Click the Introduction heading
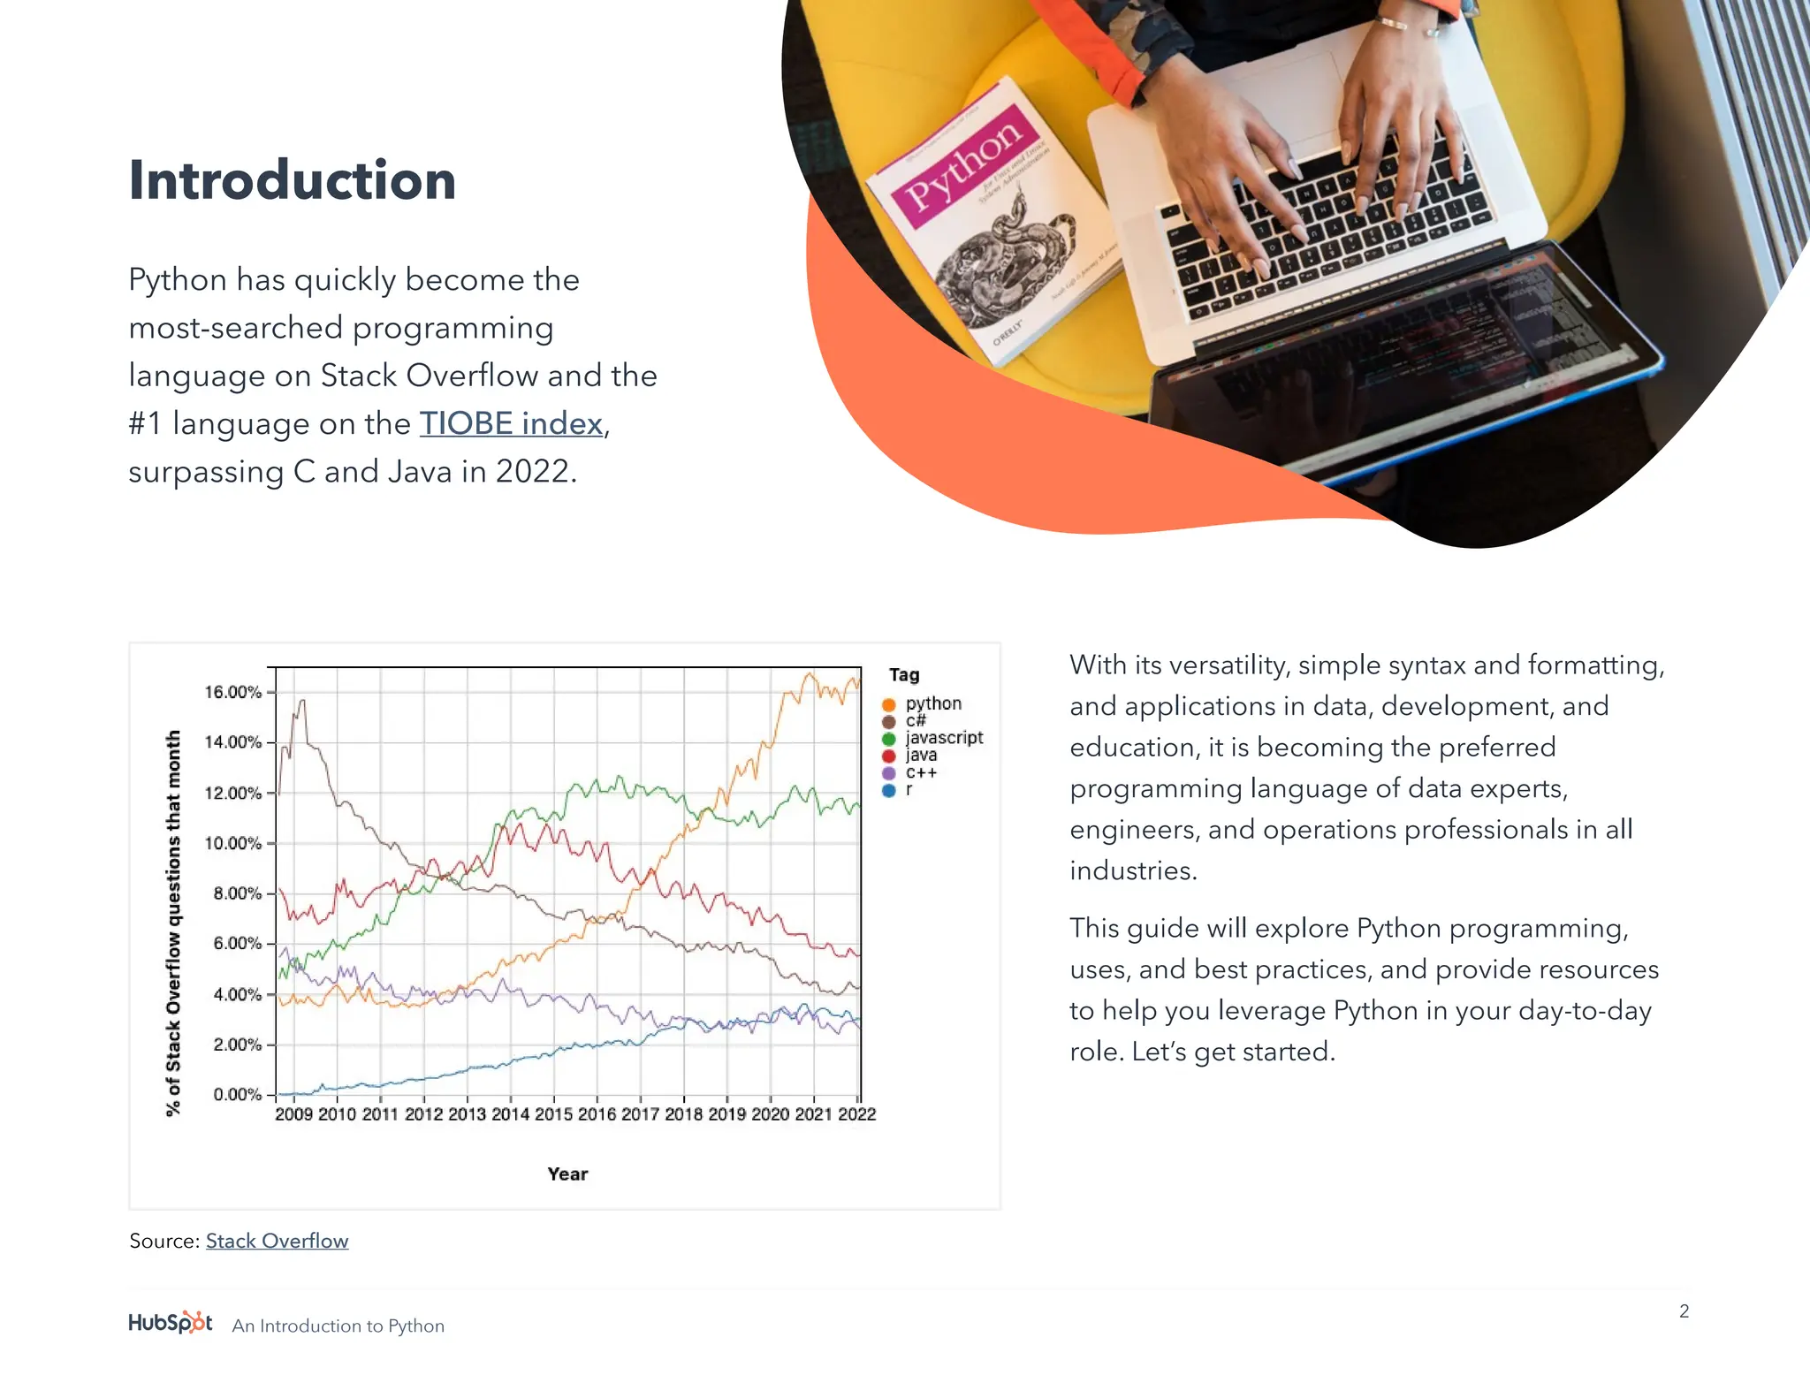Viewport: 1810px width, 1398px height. click(292, 181)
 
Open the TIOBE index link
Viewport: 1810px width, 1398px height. click(511, 423)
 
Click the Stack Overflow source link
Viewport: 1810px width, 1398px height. click(277, 1241)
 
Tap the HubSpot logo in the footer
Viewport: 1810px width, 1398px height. click(171, 1323)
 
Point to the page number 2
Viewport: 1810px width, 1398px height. click(1684, 1311)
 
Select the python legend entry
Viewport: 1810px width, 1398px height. click(933, 703)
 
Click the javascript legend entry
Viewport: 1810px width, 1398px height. click(944, 737)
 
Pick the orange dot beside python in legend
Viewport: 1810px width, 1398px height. click(889, 704)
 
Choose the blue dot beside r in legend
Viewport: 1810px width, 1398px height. click(889, 790)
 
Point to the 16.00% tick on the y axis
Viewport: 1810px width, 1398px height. click(233, 692)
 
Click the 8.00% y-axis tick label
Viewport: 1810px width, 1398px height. click(237, 893)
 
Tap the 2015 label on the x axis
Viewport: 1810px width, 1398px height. click(553, 1114)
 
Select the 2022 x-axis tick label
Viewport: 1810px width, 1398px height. click(856, 1114)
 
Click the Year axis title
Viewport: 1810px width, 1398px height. click(567, 1174)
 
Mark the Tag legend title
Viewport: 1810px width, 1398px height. click(904, 675)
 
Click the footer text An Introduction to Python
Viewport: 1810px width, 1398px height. click(338, 1326)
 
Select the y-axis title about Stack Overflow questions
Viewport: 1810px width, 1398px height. click(173, 923)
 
